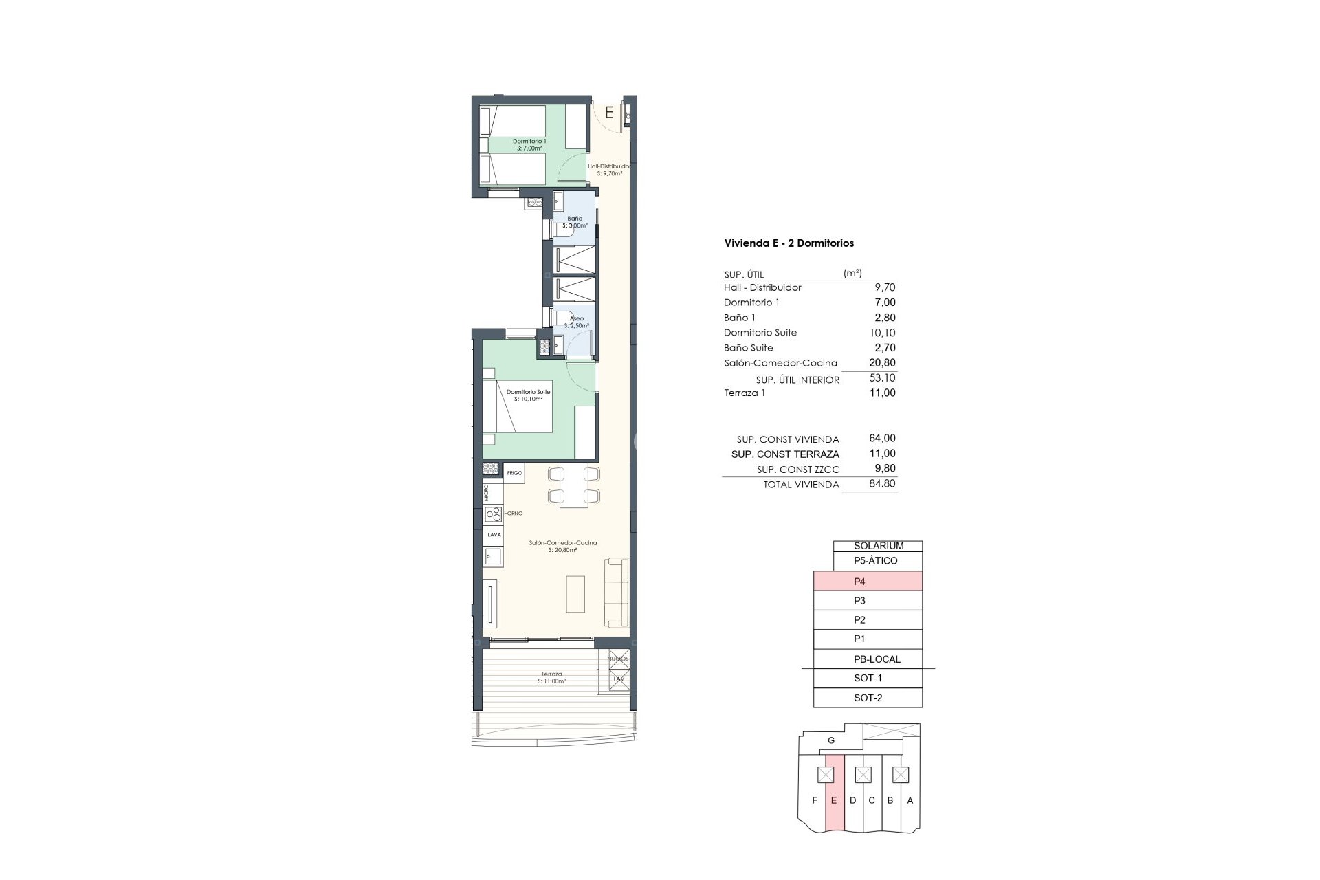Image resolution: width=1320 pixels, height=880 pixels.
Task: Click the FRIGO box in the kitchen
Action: pyautogui.click(x=514, y=473)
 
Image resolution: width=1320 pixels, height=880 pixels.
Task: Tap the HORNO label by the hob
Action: pyautogui.click(x=513, y=514)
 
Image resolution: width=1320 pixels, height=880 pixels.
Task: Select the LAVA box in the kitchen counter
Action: pyautogui.click(x=494, y=534)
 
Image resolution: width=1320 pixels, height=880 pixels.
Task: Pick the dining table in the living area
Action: pyautogui.click(x=574, y=486)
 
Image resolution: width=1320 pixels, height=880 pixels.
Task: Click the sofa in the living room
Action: pyautogui.click(x=617, y=592)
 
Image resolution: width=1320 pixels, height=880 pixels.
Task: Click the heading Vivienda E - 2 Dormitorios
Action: pyautogui.click(x=789, y=243)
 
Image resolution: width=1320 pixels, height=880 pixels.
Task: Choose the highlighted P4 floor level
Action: pyautogui.click(x=868, y=581)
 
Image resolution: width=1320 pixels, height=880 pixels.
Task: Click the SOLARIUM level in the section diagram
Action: pyautogui.click(x=878, y=546)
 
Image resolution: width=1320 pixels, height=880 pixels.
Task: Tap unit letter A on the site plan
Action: pyautogui.click(x=910, y=800)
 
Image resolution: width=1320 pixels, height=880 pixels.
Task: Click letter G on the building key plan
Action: pyautogui.click(x=831, y=740)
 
